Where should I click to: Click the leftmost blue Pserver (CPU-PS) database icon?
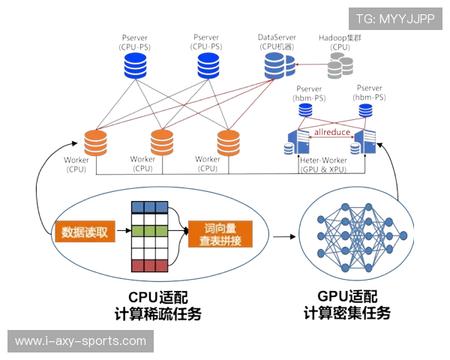[136, 65]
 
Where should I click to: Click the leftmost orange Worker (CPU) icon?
[95, 142]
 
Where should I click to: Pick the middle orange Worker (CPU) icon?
[162, 141]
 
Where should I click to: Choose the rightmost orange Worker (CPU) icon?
[228, 141]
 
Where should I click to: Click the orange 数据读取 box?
[84, 232]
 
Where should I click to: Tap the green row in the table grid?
[149, 230]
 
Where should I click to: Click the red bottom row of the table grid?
[149, 265]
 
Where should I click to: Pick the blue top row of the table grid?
[149, 206]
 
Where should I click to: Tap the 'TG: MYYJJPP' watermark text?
[394, 19]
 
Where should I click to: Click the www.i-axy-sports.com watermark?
[80, 341]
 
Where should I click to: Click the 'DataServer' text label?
[277, 36]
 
